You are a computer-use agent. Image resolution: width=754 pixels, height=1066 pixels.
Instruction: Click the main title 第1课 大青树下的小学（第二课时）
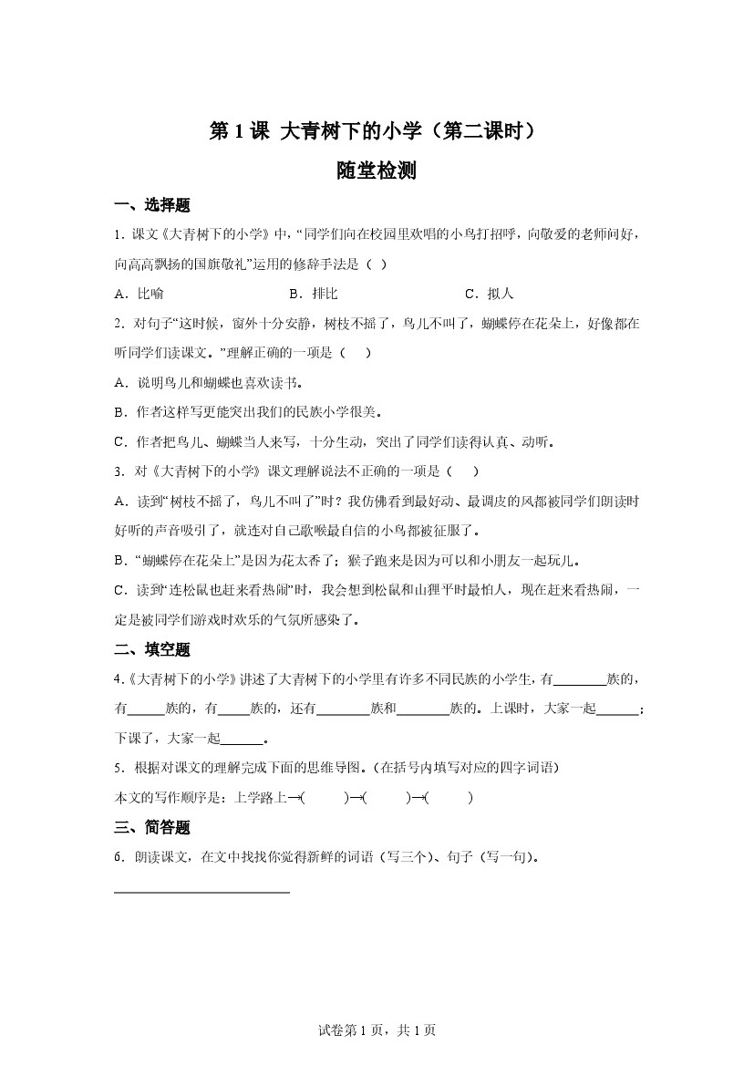pos(377,131)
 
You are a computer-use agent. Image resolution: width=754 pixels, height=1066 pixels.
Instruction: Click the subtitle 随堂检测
pos(377,171)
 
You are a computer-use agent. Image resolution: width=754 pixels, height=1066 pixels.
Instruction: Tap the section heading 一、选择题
pos(152,205)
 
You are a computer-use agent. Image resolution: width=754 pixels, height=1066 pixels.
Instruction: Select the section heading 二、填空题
pos(152,649)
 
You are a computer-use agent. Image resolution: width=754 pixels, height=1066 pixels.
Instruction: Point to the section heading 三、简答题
pos(152,827)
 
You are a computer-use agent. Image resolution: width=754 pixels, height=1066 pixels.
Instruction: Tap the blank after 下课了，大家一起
pos(242,739)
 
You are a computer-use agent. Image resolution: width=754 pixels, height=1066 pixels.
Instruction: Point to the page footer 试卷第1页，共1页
pos(377,1030)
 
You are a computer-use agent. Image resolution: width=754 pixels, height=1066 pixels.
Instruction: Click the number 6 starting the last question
pos(119,857)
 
